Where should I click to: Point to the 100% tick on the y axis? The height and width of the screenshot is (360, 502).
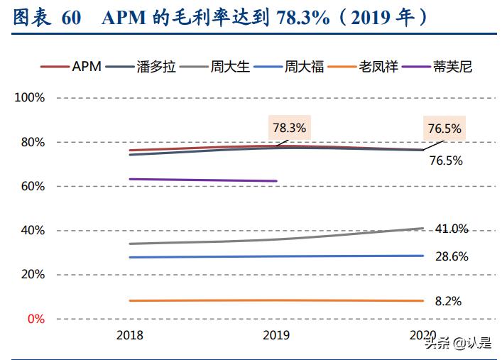(30, 98)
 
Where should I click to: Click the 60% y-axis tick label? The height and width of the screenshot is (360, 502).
(32, 186)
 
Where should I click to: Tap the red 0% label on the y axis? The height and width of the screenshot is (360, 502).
(36, 319)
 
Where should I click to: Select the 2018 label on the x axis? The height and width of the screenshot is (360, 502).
(129, 334)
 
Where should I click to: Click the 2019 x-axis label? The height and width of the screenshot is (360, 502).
(277, 334)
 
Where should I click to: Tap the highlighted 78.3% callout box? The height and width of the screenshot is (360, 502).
(289, 129)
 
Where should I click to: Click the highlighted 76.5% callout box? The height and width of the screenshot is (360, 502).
(444, 129)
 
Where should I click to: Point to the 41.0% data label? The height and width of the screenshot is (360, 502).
(451, 229)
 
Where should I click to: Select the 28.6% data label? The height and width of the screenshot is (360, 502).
(451, 256)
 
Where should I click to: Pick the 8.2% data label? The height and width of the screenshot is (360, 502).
(447, 301)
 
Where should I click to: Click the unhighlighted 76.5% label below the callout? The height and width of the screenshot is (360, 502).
(446, 160)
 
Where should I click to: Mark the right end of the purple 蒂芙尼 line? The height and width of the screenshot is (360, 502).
(276, 181)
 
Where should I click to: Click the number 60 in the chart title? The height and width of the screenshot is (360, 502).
(71, 18)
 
